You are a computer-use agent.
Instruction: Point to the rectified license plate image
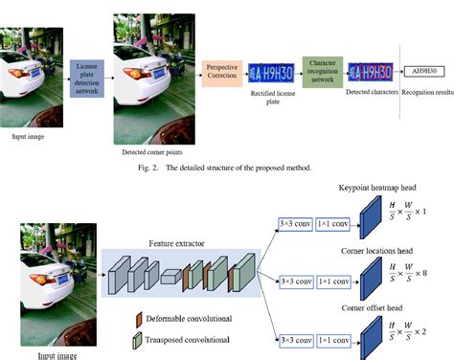coord(271,74)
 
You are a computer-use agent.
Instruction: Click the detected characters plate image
coord(368,74)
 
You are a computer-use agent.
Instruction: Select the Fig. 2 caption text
coord(225,169)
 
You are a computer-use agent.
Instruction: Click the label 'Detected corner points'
coord(153,152)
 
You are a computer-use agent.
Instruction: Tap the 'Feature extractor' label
coord(176,245)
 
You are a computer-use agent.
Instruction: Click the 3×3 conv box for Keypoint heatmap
coord(295,223)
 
